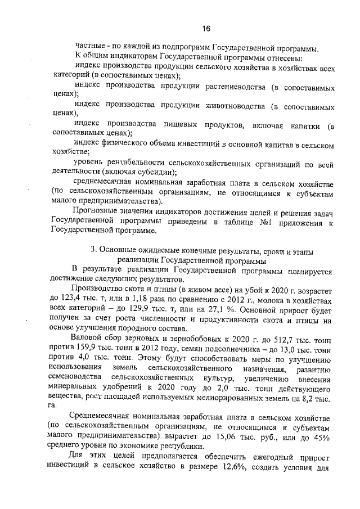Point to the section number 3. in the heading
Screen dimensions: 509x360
point(94,250)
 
